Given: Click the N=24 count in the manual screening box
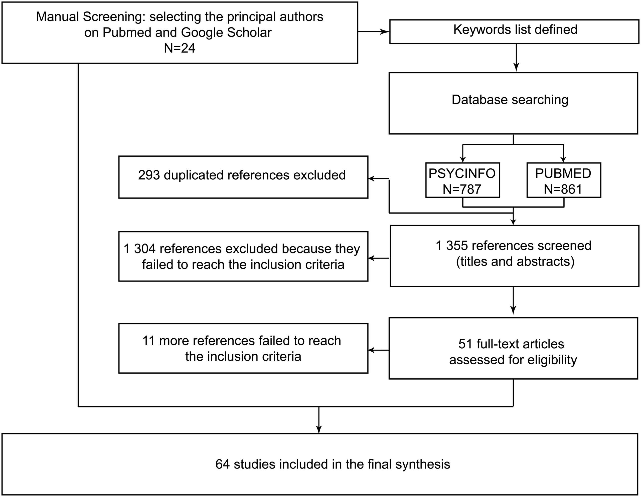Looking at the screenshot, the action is click(180, 48).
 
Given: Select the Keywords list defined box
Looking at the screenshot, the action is click(514, 32).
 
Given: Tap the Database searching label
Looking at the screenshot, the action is click(510, 100).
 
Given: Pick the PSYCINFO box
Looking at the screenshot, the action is click(462, 180).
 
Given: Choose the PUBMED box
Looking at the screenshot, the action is click(564, 180).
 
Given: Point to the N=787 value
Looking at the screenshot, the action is click(462, 189).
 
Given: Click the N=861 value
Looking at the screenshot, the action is click(563, 189).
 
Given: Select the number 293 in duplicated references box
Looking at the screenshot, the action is click(149, 175).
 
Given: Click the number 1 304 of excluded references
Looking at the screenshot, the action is click(140, 249).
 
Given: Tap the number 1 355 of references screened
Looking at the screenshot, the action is click(452, 246).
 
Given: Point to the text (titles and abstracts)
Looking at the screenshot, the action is click(515, 262).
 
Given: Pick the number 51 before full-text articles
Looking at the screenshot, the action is click(465, 344).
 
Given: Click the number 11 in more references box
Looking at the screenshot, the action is click(148, 341).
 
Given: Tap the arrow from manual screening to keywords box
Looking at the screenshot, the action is click(374, 32).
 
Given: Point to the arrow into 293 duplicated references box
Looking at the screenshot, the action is click(379, 179).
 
